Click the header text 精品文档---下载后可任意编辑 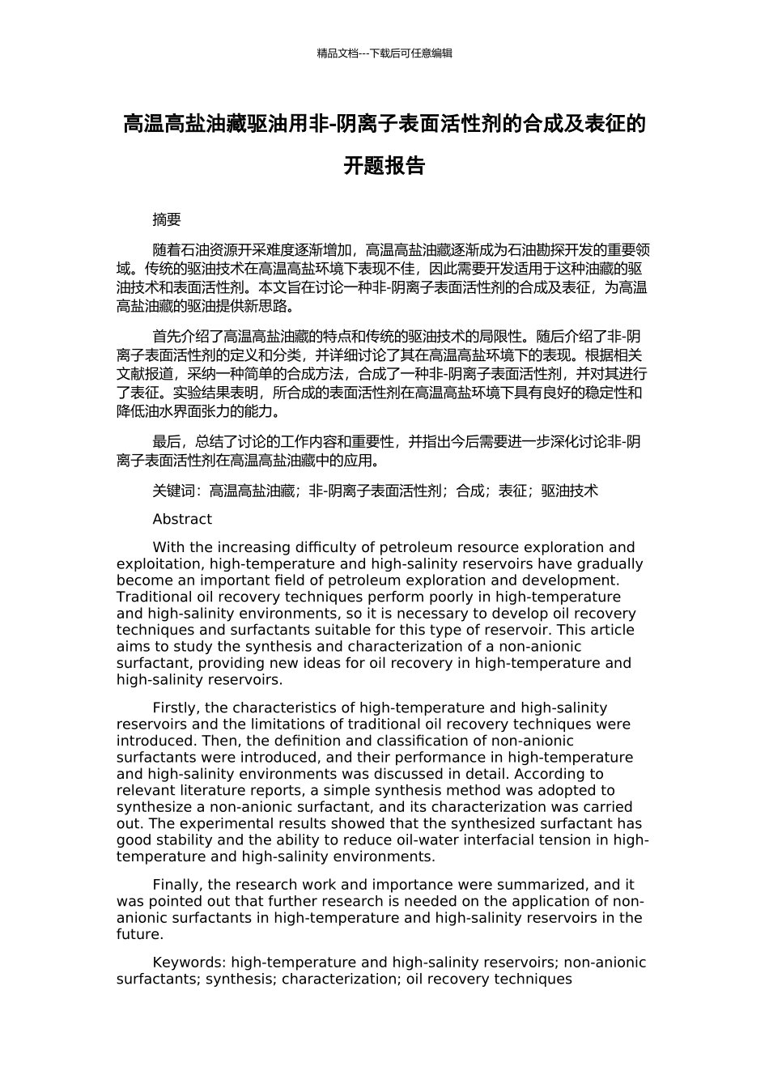click(x=384, y=53)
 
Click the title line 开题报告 click(x=384, y=166)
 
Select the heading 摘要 click(x=167, y=219)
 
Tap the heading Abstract click(x=182, y=519)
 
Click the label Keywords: click(x=189, y=963)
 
